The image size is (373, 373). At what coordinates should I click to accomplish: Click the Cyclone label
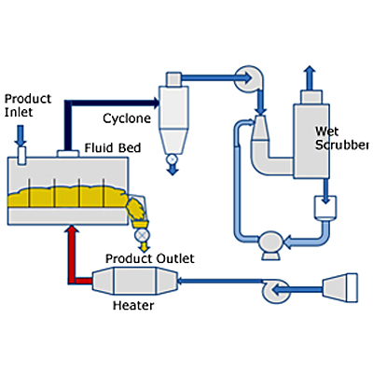[x=127, y=118]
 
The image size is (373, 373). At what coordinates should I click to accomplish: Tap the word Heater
[x=133, y=306]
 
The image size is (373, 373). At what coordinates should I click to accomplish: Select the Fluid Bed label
[x=113, y=147]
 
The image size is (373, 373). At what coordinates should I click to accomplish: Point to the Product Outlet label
[x=150, y=258]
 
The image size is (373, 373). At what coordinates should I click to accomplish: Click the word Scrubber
[x=342, y=145]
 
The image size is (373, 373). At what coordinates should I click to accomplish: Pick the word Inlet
[x=19, y=112]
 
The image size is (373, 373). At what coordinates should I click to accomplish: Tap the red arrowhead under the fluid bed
[x=72, y=229]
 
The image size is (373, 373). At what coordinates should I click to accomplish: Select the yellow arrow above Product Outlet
[x=144, y=246]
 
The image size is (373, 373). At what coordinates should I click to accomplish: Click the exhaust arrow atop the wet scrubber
[x=310, y=77]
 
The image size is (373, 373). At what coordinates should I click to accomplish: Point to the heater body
[x=134, y=281]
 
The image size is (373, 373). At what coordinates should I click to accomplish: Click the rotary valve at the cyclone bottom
[x=172, y=159]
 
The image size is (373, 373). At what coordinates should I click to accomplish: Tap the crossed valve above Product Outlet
[x=143, y=235]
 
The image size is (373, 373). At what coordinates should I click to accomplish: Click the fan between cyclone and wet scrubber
[x=249, y=78]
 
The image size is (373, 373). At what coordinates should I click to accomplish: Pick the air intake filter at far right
[x=340, y=287]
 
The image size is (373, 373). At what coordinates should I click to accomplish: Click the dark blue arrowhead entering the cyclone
[x=156, y=103]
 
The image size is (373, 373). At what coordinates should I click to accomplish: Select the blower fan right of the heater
[x=276, y=291]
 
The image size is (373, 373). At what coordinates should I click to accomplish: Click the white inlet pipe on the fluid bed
[x=21, y=156]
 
